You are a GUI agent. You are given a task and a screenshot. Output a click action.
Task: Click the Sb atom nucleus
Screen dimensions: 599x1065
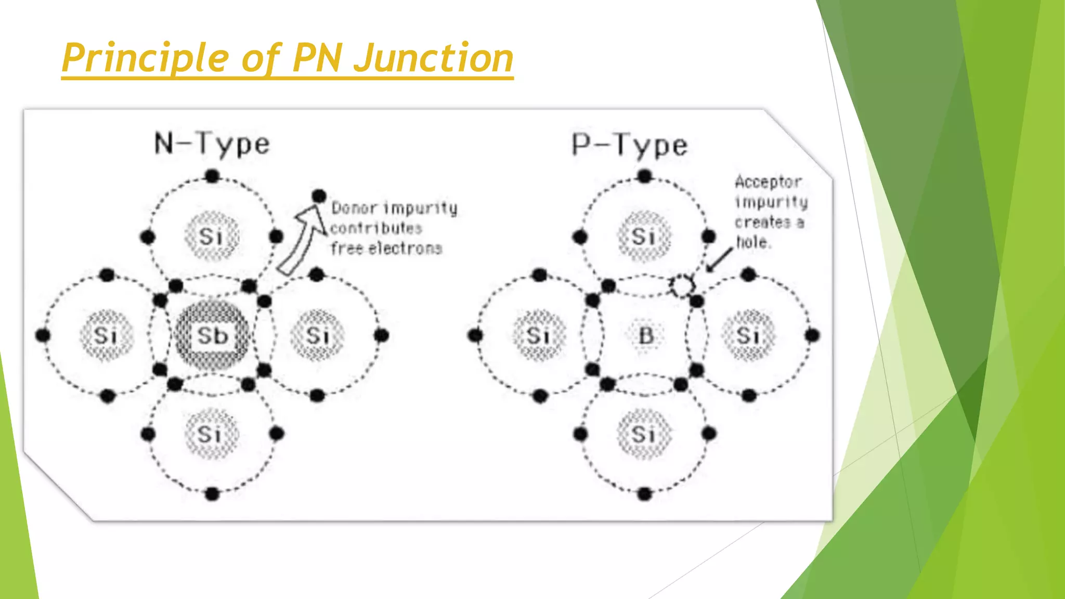coord(212,336)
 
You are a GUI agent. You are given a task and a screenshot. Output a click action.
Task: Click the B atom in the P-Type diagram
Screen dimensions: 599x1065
coord(645,335)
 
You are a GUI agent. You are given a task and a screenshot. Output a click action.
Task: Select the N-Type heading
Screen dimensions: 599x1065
coord(212,144)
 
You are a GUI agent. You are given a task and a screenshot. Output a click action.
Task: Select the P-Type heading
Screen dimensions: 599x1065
coord(630,145)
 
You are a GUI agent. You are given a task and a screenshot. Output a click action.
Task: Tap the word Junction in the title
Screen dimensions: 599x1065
coord(434,58)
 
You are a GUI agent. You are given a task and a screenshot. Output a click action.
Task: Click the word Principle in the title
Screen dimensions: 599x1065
coord(145,58)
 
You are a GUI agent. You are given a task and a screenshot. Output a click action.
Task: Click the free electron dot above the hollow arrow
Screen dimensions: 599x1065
coord(319,196)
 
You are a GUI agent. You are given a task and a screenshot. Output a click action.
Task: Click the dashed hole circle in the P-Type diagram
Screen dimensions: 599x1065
coord(681,285)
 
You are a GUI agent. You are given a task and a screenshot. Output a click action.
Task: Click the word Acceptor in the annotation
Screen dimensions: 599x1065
coord(768,181)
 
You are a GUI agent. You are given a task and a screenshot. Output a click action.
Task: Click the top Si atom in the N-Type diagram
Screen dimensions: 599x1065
coord(211,237)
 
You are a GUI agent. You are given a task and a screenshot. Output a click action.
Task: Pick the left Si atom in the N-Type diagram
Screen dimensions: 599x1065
coord(106,336)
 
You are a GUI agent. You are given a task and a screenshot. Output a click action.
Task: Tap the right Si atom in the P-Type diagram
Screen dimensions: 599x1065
coord(748,335)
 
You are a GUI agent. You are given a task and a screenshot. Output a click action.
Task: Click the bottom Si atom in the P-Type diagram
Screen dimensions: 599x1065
coord(643,434)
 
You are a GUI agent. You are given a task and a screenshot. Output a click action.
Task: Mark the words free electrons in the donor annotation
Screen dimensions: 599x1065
coord(386,249)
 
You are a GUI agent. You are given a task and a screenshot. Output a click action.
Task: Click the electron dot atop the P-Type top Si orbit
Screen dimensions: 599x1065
coord(645,176)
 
